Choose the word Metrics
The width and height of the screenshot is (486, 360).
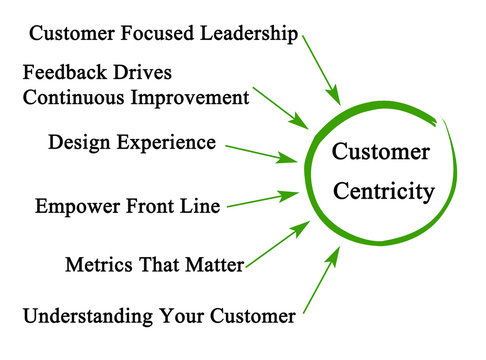coord(97,265)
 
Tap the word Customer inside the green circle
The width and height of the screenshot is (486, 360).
coord(380,152)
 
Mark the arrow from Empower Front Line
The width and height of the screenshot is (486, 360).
coord(261,201)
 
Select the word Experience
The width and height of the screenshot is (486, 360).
coord(170,143)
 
